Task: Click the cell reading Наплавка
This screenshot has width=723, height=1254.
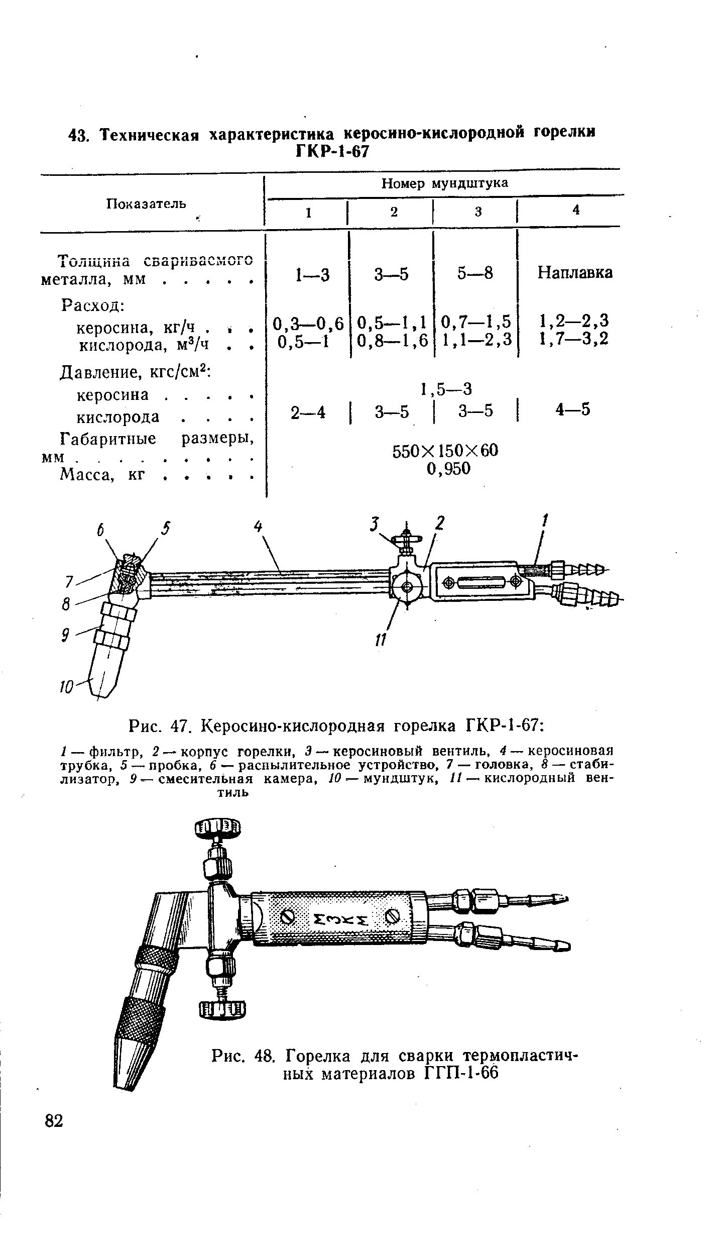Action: point(575,273)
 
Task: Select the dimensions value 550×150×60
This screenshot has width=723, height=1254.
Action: point(445,450)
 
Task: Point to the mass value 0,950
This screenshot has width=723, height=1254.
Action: point(448,469)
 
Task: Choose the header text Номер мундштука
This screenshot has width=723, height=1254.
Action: point(444,183)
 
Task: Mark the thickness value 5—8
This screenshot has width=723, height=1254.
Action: point(475,273)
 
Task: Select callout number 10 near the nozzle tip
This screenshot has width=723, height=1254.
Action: point(67,686)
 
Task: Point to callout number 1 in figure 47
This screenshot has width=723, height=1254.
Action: point(545,520)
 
